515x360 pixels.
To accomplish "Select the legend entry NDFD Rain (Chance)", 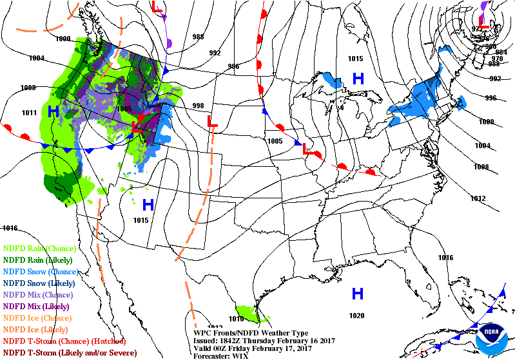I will (x=40, y=248).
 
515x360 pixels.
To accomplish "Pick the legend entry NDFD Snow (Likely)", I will (x=39, y=283).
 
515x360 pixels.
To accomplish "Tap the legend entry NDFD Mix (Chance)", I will (x=39, y=294).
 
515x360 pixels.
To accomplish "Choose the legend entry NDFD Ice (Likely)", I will (x=37, y=329).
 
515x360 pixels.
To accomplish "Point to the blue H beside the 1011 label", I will (x=53, y=111).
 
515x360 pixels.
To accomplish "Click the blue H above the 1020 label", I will (x=357, y=294).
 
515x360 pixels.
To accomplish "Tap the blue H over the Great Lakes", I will (x=358, y=79).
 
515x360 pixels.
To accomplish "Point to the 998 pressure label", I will (x=198, y=106).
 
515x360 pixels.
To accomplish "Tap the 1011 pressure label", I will (x=29, y=113).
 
